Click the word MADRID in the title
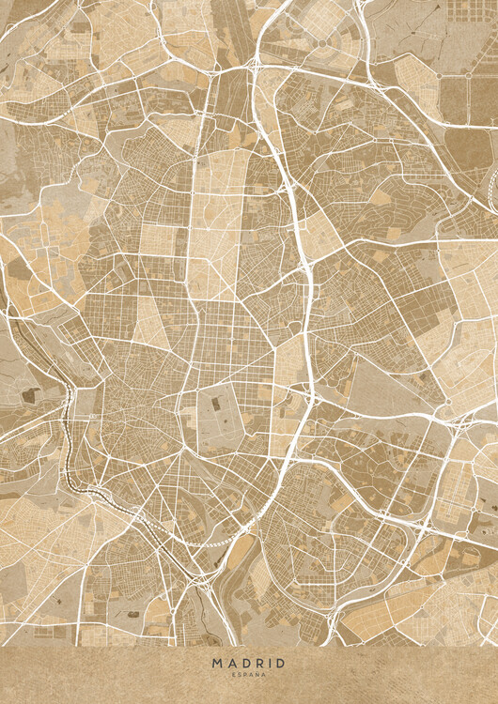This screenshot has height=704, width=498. point(249,664)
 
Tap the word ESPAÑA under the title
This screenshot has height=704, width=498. point(249,675)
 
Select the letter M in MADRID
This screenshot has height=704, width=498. point(217,664)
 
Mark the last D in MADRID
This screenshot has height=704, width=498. point(279,664)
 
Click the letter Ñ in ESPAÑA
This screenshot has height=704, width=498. point(257,675)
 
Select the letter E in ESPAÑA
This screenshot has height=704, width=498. point(234,675)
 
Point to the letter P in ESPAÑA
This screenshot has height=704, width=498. point(245,675)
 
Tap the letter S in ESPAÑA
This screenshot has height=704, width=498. point(240,675)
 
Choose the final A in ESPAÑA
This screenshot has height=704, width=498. point(263,675)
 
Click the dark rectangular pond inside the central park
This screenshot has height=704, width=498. point(215,404)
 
